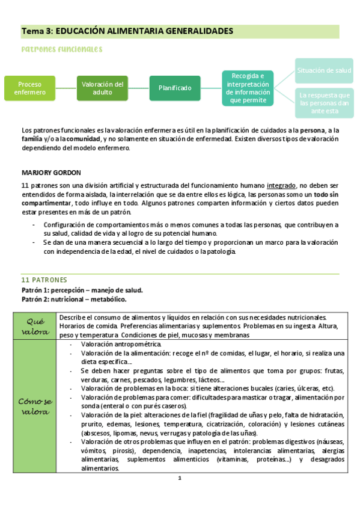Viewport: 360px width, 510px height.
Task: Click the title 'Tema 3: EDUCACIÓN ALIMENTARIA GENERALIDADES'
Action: [127, 31]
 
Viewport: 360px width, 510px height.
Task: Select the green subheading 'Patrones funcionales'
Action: [61, 49]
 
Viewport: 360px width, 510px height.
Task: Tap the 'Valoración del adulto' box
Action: [102, 88]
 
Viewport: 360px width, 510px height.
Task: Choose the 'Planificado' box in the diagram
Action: [175, 88]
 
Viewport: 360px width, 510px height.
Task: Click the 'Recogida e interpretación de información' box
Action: [247, 88]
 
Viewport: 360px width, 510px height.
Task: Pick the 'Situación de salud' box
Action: [324, 71]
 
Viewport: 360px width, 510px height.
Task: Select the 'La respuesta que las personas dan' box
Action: [324, 103]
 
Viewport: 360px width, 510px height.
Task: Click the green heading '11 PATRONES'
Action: [44, 280]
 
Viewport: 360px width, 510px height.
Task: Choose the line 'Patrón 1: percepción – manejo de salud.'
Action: [82, 290]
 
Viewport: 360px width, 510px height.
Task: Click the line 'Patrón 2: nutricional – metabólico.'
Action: [74, 299]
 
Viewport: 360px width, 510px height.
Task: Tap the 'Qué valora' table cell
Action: [35, 325]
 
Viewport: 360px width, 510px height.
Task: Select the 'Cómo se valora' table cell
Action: [35, 406]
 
